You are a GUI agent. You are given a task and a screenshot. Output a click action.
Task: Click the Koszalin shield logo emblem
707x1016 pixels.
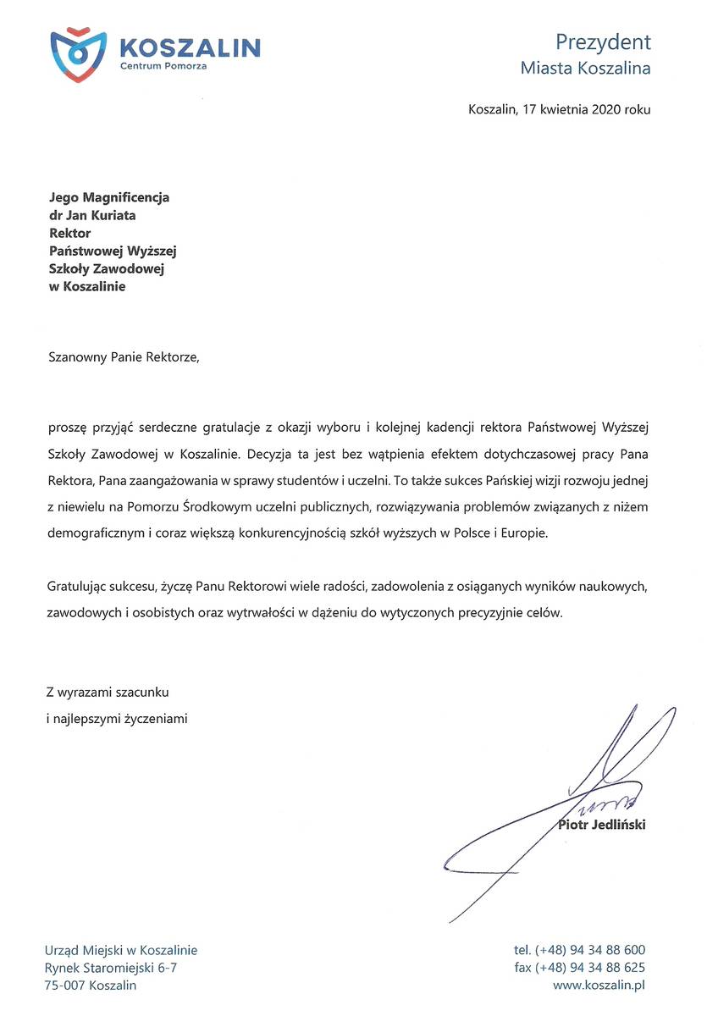pyautogui.click(x=78, y=52)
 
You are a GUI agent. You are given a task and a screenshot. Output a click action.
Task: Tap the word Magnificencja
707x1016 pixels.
pyautogui.click(x=124, y=197)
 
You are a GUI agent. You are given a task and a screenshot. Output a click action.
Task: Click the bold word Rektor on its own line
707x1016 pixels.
pyautogui.click(x=70, y=233)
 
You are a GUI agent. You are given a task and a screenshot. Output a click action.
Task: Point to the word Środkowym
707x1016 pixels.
pyautogui.click(x=188, y=505)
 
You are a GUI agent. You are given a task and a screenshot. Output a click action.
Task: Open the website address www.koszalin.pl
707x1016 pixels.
pyautogui.click(x=599, y=986)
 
